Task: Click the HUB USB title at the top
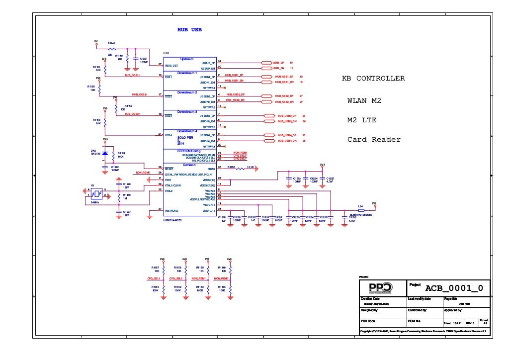189,30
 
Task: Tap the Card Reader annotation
374,140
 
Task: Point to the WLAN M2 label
364,101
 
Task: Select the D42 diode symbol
105,154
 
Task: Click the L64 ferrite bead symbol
361,210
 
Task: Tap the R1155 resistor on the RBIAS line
240,168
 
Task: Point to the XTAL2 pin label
169,190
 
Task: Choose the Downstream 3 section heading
187,112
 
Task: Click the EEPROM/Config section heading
189,150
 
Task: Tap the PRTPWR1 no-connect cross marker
225,87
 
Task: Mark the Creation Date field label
370,298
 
